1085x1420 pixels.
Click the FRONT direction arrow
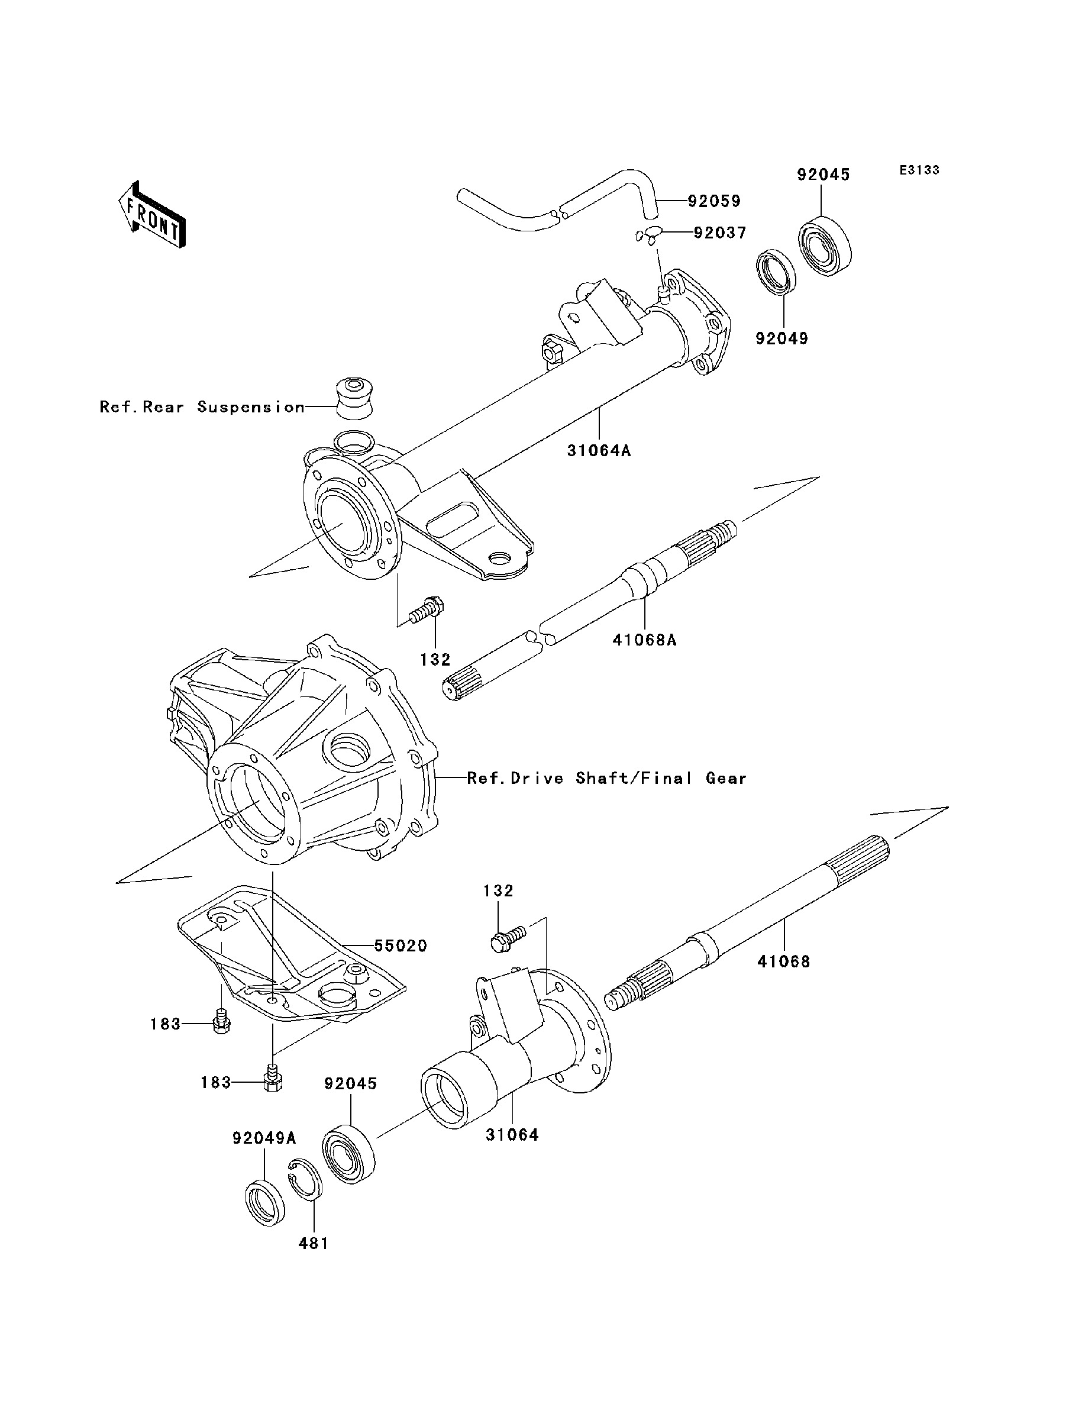153,214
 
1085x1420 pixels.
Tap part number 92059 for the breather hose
713,202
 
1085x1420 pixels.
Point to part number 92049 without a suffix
782,338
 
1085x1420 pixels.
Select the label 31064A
599,450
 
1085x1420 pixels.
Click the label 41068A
644,640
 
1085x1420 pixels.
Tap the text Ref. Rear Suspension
202,407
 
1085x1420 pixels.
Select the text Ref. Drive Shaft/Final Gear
606,778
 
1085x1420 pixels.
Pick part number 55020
401,946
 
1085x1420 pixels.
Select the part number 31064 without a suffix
512,1135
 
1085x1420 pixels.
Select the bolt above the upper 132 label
428,610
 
